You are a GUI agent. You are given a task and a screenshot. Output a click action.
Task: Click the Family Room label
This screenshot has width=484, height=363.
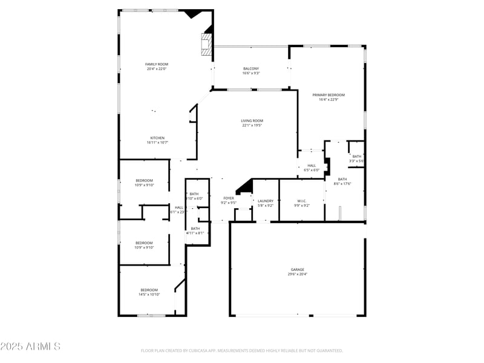tap(156, 64)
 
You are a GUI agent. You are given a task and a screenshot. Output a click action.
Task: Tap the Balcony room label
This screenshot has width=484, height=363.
tap(250, 69)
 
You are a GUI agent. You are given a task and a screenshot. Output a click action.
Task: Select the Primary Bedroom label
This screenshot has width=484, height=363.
tap(329, 95)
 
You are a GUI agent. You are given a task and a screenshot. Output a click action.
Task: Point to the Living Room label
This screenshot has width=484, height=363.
tap(252, 121)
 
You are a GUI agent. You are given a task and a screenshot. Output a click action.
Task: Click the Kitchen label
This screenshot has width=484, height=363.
tap(157, 138)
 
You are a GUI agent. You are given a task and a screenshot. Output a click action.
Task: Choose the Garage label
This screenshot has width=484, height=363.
tap(297, 270)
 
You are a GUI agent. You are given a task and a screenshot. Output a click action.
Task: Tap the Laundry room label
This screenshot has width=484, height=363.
tap(266, 201)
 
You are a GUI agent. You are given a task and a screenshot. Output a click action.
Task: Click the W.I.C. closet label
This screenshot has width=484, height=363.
tap(302, 201)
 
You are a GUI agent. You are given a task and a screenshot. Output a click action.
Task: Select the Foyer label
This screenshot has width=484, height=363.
tap(229, 198)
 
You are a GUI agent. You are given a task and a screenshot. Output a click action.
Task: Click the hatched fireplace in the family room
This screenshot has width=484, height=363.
tap(207, 44)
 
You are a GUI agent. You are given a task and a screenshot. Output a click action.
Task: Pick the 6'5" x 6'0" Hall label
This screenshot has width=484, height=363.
tap(312, 166)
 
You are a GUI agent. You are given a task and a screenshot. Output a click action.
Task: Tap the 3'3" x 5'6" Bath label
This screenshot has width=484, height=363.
tap(357, 157)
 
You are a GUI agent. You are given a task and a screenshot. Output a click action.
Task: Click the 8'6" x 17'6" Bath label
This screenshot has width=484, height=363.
tap(342, 179)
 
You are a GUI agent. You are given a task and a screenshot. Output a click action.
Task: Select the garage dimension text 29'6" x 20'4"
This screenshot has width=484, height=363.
tap(297, 274)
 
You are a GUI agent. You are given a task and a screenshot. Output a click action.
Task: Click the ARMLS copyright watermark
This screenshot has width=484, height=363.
tap(30, 347)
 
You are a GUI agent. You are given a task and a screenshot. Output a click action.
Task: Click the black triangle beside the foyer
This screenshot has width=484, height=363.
tap(245, 187)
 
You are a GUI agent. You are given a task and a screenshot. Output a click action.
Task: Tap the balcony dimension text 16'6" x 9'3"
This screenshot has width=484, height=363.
tap(250, 73)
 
